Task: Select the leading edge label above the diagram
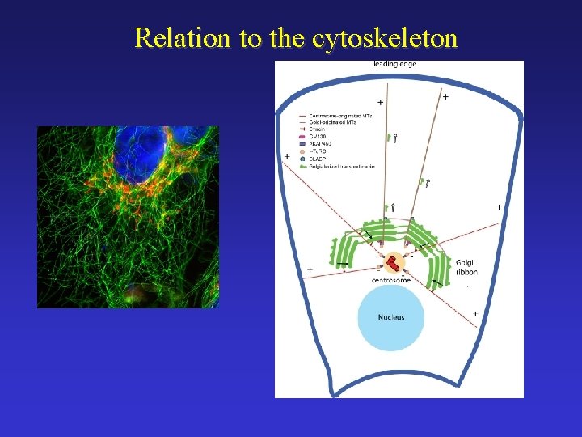click(x=395, y=64)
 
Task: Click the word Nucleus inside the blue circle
click(x=391, y=317)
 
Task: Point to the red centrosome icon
click(x=392, y=263)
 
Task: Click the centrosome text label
click(x=391, y=280)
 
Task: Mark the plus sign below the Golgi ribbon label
click(x=474, y=313)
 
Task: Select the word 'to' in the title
click(x=248, y=37)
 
